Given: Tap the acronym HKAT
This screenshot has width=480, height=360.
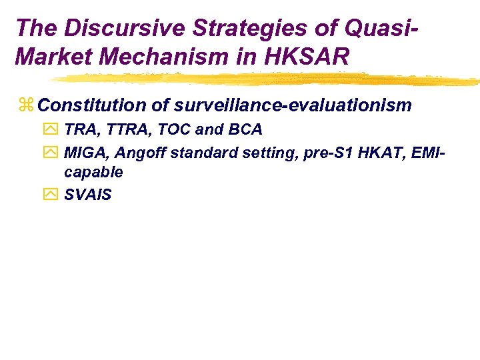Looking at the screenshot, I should coord(378,153).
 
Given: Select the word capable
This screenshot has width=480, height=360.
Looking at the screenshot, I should coord(93,172).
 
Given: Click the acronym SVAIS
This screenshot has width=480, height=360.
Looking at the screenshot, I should coord(88,195).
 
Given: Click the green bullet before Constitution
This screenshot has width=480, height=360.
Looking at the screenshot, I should coord(26,105).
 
